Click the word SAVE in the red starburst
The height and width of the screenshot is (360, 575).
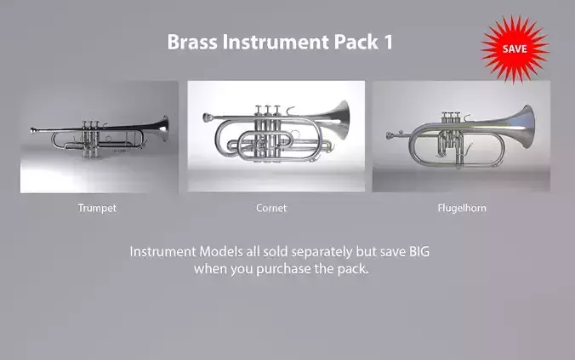click(514, 49)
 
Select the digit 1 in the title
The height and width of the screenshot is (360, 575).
click(388, 43)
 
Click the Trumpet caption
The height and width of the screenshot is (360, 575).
click(97, 208)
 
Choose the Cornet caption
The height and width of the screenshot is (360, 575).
click(271, 208)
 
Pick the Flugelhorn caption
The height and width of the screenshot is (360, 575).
click(462, 208)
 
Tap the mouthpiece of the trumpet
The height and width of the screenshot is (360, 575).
click(35, 130)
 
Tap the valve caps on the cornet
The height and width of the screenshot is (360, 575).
click(266, 109)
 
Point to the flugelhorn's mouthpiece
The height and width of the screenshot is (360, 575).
click(390, 134)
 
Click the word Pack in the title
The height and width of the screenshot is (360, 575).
click(353, 43)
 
